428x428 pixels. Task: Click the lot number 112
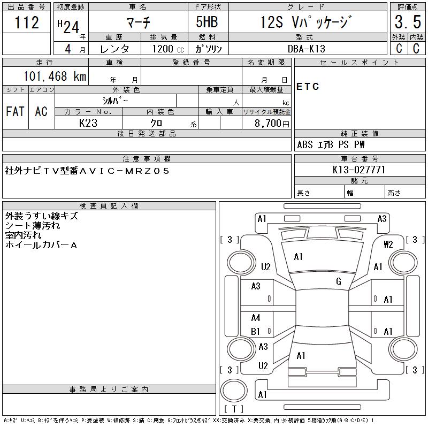click(x=26, y=22)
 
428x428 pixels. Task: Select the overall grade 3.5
click(x=408, y=22)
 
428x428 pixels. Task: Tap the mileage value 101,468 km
click(x=55, y=76)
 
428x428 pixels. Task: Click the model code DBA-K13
click(x=306, y=49)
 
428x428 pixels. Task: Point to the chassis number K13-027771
click(x=358, y=170)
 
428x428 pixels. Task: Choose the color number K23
click(x=88, y=123)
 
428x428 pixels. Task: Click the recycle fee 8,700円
click(x=272, y=124)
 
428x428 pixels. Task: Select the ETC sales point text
click(x=308, y=87)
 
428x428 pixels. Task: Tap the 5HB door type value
click(x=207, y=22)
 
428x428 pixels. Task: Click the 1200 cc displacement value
click(x=168, y=49)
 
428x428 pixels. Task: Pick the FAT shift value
click(x=15, y=111)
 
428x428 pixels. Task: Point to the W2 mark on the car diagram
click(x=388, y=244)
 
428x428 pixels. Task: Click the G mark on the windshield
click(x=339, y=281)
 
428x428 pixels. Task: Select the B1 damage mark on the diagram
click(x=255, y=331)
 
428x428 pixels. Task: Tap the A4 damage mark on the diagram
click(x=256, y=318)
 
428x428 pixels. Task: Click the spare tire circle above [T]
click(x=234, y=391)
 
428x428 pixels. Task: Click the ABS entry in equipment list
click(x=304, y=144)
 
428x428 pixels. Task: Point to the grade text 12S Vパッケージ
click(x=305, y=22)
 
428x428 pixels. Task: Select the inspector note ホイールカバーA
click(x=41, y=245)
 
